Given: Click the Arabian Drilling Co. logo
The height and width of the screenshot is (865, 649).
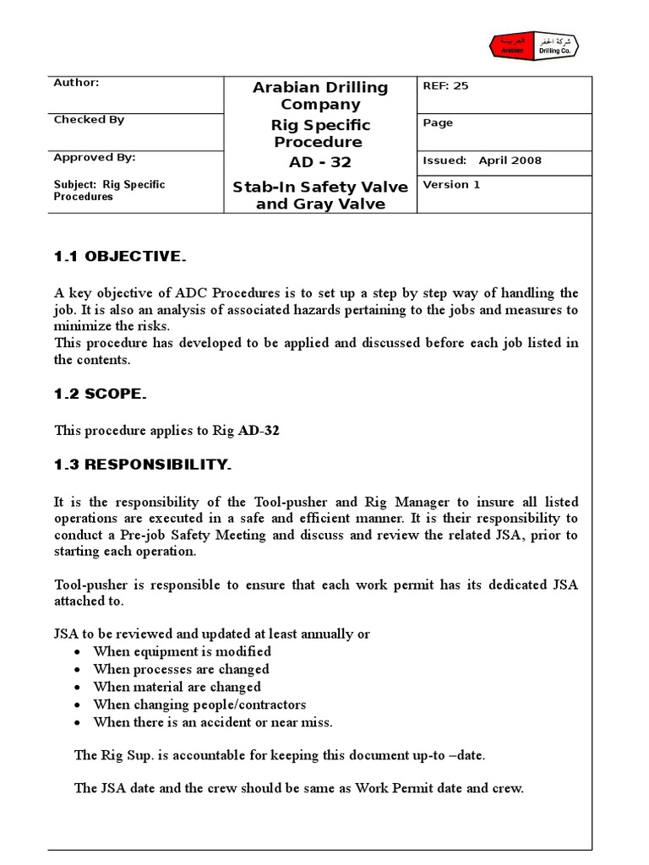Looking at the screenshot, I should click(x=537, y=46).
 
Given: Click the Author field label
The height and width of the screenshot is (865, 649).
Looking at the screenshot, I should click(x=76, y=83).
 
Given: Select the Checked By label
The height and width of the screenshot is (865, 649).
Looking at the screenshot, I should click(x=89, y=120).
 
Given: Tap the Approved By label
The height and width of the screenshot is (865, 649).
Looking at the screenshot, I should click(x=94, y=158).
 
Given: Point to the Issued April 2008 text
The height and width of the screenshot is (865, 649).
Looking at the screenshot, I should click(x=482, y=160).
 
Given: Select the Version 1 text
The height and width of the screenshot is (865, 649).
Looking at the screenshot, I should click(x=451, y=185).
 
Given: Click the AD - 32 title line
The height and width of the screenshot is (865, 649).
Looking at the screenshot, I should click(x=320, y=162).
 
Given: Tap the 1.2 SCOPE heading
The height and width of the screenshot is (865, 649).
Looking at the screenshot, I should click(x=101, y=394).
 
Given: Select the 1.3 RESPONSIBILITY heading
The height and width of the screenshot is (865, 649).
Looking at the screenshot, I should click(x=143, y=465).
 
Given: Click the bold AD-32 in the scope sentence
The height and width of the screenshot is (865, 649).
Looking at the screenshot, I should click(x=259, y=430).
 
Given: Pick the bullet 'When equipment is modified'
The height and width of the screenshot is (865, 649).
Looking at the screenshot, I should click(x=182, y=651).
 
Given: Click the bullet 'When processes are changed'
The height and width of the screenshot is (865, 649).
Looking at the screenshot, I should click(x=183, y=669).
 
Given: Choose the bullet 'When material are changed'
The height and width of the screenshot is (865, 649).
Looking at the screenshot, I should click(x=177, y=687).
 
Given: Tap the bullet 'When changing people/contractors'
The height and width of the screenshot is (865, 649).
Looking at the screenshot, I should click(x=199, y=705).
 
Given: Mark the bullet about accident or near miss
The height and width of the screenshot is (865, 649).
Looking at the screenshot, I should click(x=213, y=722).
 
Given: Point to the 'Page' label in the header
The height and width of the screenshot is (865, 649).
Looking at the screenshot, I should click(x=438, y=123).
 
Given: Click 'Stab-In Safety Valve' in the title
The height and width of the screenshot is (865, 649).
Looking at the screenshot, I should click(x=320, y=187).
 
